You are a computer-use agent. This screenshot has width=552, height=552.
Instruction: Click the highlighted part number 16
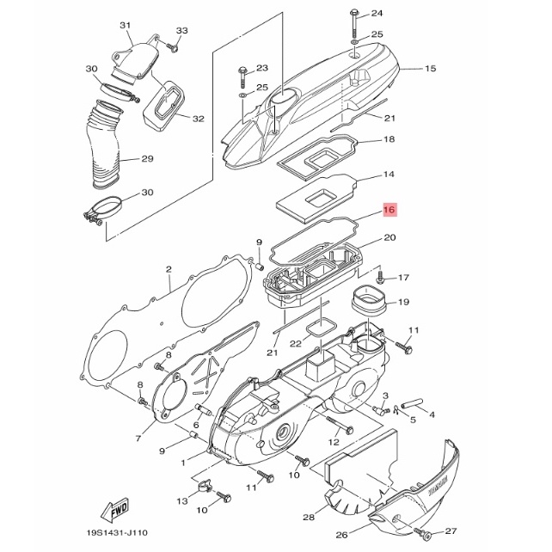coord(389,210)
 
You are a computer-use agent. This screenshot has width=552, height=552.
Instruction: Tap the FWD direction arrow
coord(115,510)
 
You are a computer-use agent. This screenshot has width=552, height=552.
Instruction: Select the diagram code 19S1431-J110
coord(117,532)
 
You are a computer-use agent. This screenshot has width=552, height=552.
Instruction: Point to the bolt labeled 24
coord(354,24)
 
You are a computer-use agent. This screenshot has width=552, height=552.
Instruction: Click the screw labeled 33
coord(172,47)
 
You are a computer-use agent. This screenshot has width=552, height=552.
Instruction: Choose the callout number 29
coord(147,159)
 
